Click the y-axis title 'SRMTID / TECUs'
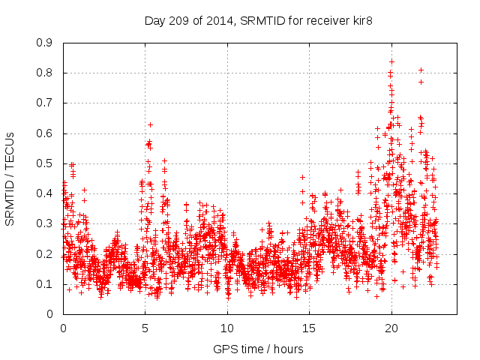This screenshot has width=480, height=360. [x=10, y=178]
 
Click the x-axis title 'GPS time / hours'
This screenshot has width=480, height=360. [x=259, y=349]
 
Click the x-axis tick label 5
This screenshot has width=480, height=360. [x=145, y=328]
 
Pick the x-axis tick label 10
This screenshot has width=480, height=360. [x=227, y=328]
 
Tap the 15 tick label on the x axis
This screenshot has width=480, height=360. [x=309, y=328]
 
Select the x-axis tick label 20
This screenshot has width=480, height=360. [x=391, y=328]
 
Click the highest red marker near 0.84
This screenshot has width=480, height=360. [x=391, y=61]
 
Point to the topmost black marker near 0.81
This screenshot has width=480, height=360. [x=421, y=70]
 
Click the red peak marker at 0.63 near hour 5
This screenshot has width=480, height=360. [x=150, y=124]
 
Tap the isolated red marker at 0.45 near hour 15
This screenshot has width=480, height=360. [x=302, y=178]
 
